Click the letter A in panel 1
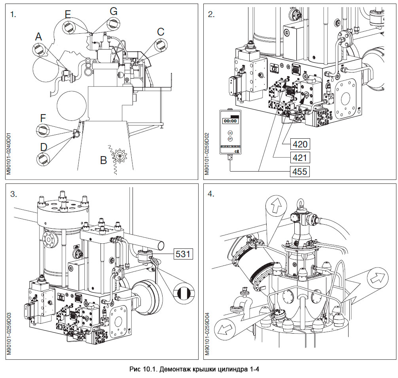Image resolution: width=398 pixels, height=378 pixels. pos(38,37)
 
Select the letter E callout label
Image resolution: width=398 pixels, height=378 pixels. pos(68,15)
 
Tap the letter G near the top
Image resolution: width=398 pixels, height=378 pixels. pos(114,11)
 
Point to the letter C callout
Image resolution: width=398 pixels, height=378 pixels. pos(161,32)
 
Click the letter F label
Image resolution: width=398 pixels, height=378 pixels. pos(44,118)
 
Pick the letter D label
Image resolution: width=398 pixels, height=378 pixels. pos(44,147)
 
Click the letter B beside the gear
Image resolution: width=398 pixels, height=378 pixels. pos(104,160)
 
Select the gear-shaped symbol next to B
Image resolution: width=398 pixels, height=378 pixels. pos(119,157)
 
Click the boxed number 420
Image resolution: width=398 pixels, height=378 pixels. pos(299,143)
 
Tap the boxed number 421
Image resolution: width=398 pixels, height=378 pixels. pos(299,157)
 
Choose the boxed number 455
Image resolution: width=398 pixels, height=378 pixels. pos(299,172)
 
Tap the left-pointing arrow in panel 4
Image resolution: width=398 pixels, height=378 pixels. pos(224,328)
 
